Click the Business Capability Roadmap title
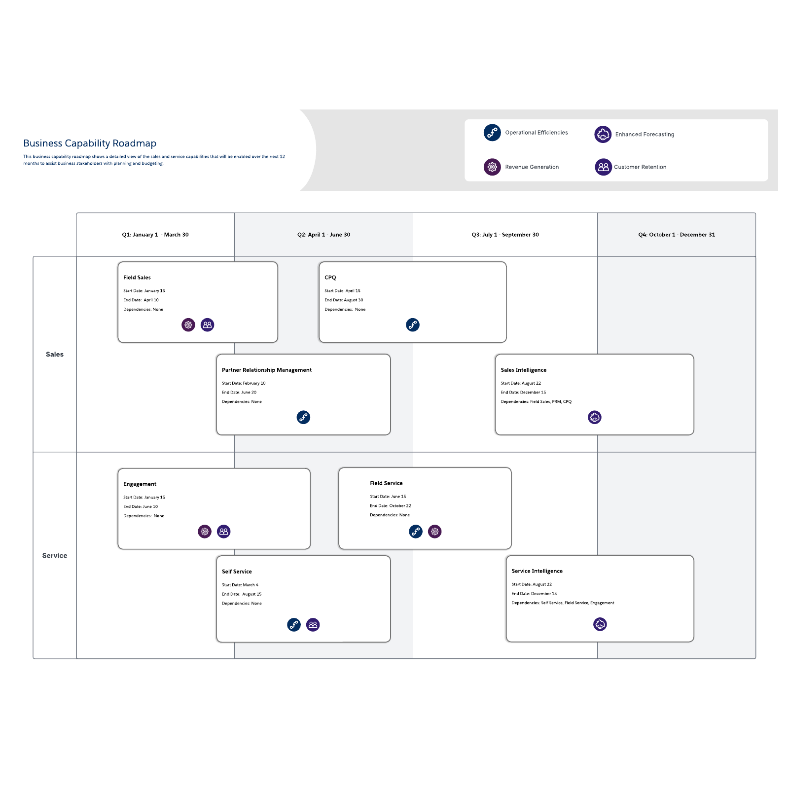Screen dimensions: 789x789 (x=90, y=143)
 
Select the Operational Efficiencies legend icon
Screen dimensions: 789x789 (x=492, y=133)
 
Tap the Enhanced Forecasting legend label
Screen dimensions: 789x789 (x=645, y=135)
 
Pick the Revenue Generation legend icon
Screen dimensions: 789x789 (x=492, y=167)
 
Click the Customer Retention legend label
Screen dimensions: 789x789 (x=640, y=167)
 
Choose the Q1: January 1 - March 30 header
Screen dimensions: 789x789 (x=155, y=235)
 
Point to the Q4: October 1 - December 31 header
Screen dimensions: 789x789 (x=676, y=235)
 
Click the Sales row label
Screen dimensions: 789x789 (x=55, y=355)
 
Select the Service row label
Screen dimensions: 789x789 (x=55, y=556)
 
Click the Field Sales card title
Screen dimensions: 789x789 (x=137, y=278)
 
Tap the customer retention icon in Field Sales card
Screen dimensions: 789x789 (x=208, y=325)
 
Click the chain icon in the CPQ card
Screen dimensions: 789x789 (x=413, y=325)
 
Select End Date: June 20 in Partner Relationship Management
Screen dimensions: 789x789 (x=239, y=393)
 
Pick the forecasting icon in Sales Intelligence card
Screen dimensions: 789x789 (x=595, y=418)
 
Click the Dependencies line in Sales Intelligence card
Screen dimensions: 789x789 (x=536, y=402)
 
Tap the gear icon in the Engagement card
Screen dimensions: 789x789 (x=205, y=532)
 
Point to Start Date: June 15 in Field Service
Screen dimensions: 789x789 (x=388, y=497)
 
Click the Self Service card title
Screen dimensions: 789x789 (x=237, y=572)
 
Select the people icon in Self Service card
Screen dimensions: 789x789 (x=313, y=625)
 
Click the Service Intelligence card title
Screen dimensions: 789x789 (x=537, y=571)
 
